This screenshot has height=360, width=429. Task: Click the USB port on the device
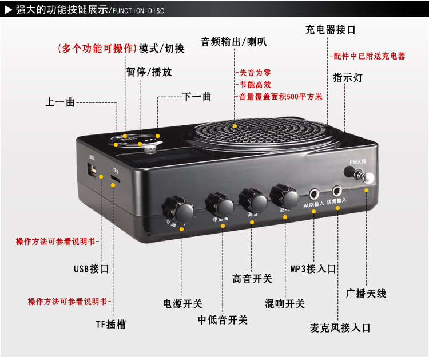pyautogui.click(x=92, y=170)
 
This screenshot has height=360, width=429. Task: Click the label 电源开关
pyautogui.click(x=182, y=304)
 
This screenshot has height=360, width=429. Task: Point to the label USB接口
pyautogui.click(x=92, y=268)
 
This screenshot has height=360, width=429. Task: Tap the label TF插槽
pyautogui.click(x=110, y=325)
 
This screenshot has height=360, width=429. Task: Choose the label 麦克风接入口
pyautogui.click(x=340, y=328)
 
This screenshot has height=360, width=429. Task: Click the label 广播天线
pyautogui.click(x=367, y=294)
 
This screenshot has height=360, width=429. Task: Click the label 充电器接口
pyautogui.click(x=331, y=30)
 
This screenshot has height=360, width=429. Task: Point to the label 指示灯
pyautogui.click(x=347, y=78)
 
